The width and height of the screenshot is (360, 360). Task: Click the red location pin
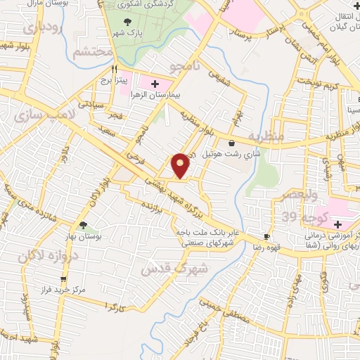point(181,165)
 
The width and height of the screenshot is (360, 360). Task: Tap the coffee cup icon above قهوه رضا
point(266,237)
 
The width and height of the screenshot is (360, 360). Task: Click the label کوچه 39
point(295,215)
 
